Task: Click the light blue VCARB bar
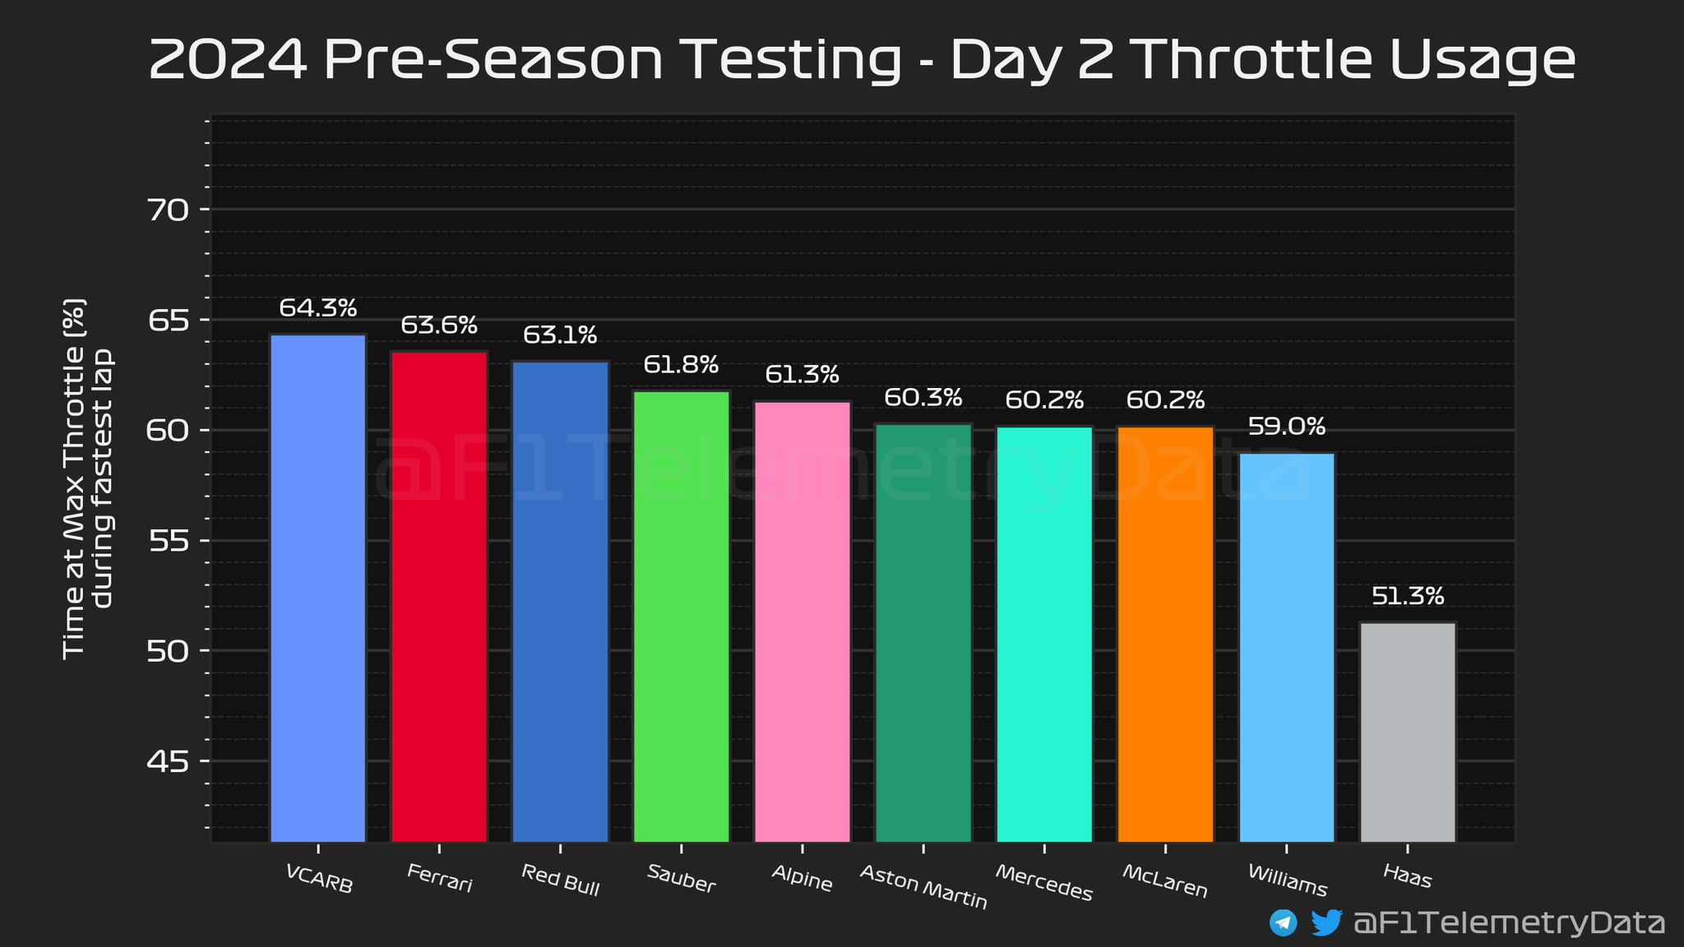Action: pyautogui.click(x=317, y=588)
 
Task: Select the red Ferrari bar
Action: pyautogui.click(x=439, y=596)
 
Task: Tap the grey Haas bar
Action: pyautogui.click(x=1408, y=732)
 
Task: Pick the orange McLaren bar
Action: pyautogui.click(x=1165, y=634)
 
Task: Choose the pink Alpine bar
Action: pyautogui.click(x=803, y=621)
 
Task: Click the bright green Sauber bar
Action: pyautogui.click(x=681, y=617)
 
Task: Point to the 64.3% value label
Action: pyautogui.click(x=318, y=308)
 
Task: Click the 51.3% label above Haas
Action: pyautogui.click(x=1409, y=596)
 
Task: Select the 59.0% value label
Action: pyautogui.click(x=1287, y=427)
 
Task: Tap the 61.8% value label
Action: pyautogui.click(x=682, y=364)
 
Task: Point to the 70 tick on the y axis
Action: pyautogui.click(x=169, y=210)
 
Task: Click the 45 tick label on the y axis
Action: pyautogui.click(x=169, y=762)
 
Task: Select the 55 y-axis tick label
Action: pyautogui.click(x=169, y=542)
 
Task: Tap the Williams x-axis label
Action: pyautogui.click(x=1287, y=880)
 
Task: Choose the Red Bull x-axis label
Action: pyautogui.click(x=560, y=880)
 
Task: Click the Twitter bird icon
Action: pyautogui.click(x=1325, y=922)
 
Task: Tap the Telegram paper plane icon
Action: pyautogui.click(x=1283, y=922)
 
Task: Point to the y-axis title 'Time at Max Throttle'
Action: pyautogui.click(x=74, y=477)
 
